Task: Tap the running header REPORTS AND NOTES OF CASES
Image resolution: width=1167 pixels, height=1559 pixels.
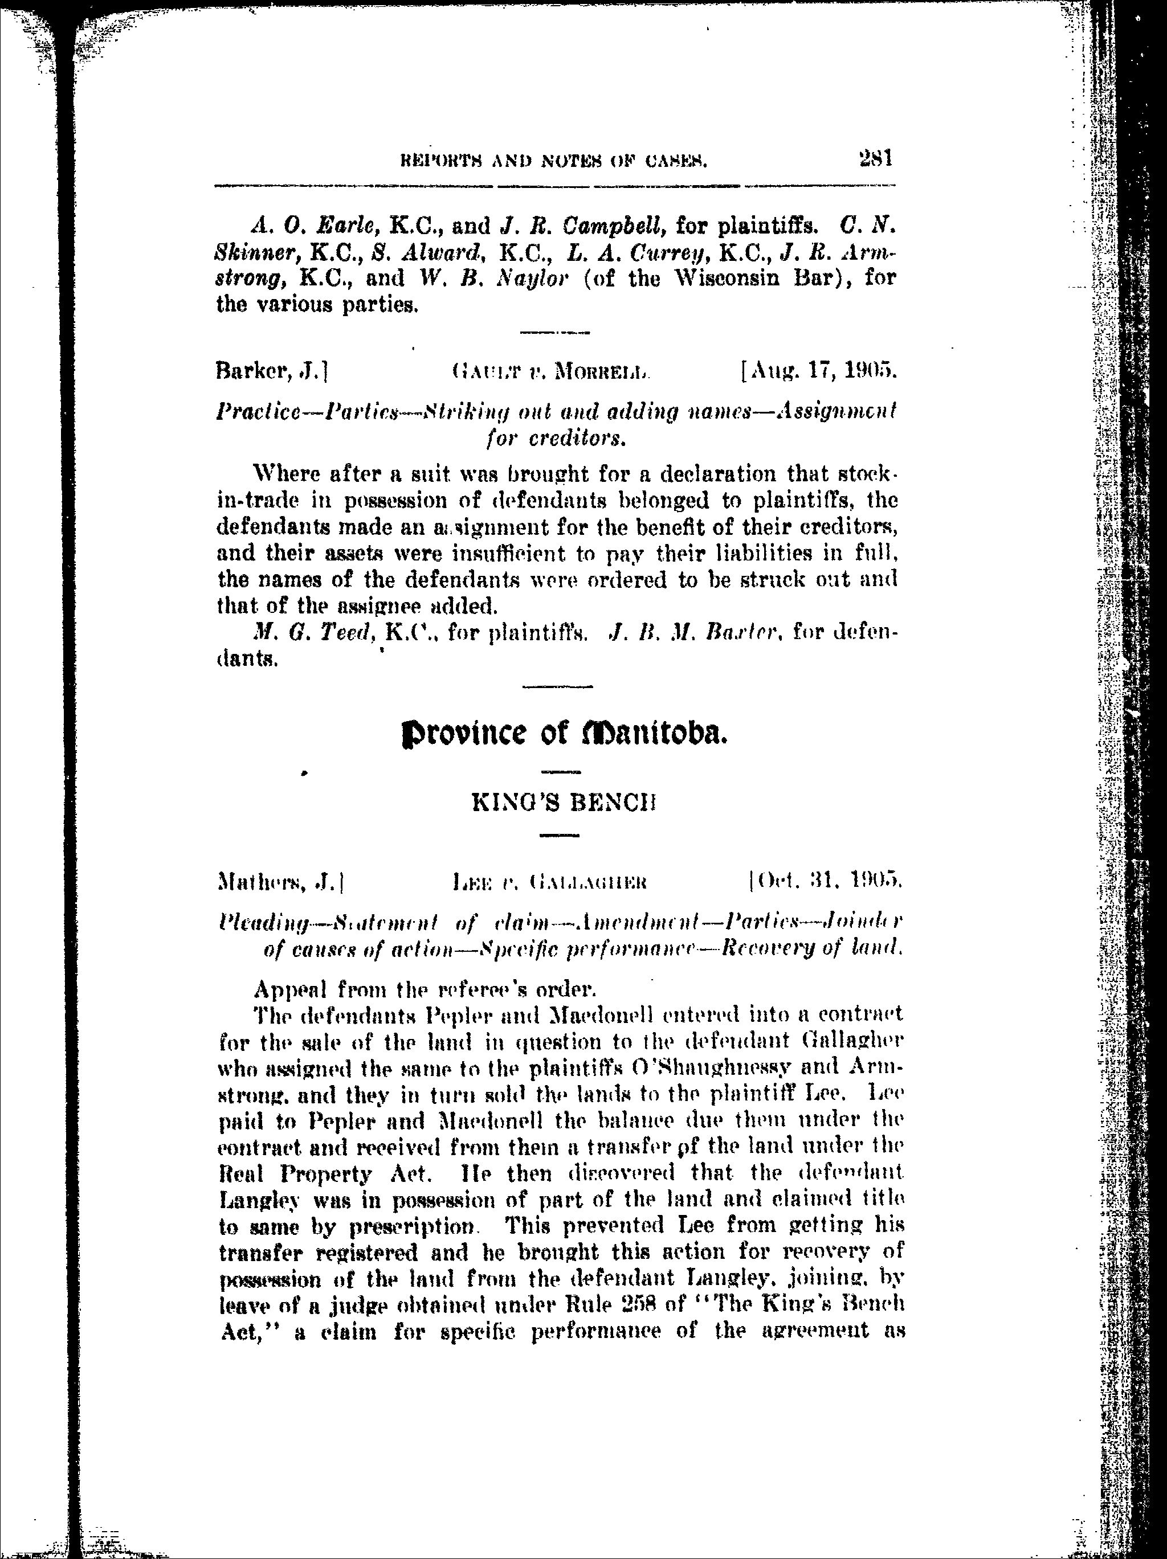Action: [x=553, y=162]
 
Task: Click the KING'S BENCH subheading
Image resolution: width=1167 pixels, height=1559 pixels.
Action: [x=564, y=804]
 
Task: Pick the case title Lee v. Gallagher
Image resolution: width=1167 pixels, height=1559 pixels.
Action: [x=550, y=882]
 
